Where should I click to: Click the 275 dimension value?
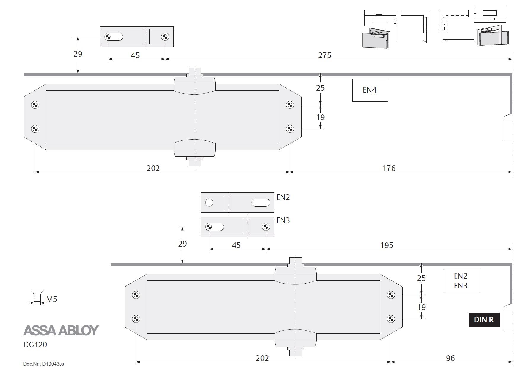(x=325, y=55)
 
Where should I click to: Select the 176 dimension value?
(x=389, y=168)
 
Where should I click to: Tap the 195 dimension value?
(x=387, y=245)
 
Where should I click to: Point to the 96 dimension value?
(x=450, y=358)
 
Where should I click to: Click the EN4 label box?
(x=370, y=90)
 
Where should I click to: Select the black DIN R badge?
(x=484, y=320)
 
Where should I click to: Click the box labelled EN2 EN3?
(x=461, y=281)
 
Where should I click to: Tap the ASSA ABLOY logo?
(x=61, y=330)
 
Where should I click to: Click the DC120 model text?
(x=35, y=345)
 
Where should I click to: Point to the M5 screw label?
(x=52, y=299)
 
